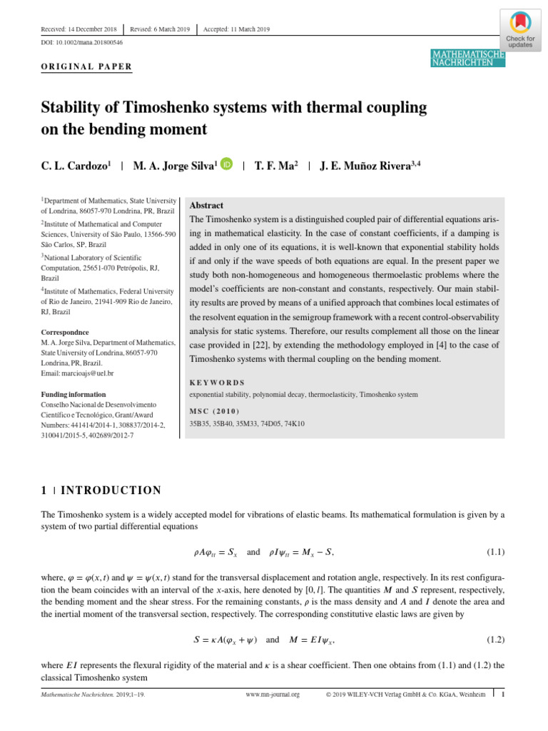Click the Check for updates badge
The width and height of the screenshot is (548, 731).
click(520, 29)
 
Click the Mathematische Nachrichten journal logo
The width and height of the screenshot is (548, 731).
click(468, 59)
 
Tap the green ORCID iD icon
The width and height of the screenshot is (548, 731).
click(226, 164)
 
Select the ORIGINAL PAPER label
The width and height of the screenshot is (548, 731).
click(86, 66)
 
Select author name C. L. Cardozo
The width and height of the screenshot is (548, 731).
click(75, 166)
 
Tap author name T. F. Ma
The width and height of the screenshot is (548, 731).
click(275, 166)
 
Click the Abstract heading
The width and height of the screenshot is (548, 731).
click(206, 205)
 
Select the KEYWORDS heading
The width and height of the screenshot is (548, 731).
click(217, 383)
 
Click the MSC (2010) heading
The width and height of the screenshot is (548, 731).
click(215, 411)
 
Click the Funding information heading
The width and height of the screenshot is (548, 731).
click(73, 394)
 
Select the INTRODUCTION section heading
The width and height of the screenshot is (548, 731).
click(111, 490)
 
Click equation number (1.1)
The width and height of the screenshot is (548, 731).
click(495, 552)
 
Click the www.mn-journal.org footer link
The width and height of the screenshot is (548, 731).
click(273, 694)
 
